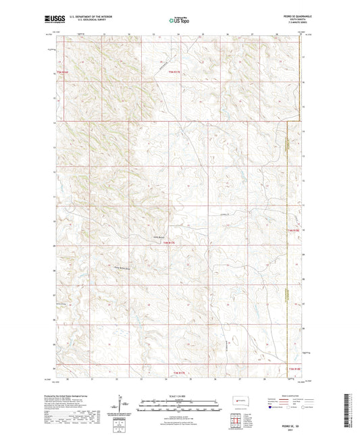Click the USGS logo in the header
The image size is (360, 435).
coord(51,20)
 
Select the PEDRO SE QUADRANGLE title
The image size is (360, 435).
coord(291,17)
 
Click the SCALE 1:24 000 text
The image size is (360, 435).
coord(180,395)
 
